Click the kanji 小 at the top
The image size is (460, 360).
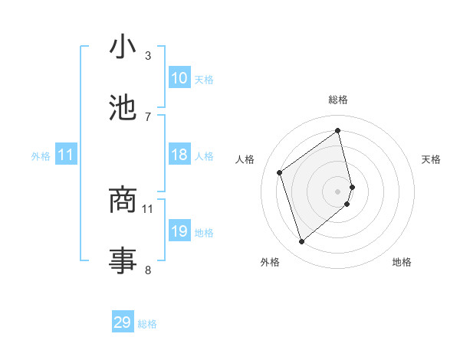tap(122, 47)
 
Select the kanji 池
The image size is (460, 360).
tap(122, 108)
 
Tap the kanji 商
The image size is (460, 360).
tap(122, 200)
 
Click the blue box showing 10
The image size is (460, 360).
tap(179, 78)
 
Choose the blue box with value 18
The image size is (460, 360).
tap(179, 155)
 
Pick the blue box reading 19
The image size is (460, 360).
tap(179, 231)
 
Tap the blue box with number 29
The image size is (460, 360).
tap(123, 322)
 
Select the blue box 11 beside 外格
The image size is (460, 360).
tap(66, 155)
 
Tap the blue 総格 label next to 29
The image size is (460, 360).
tap(147, 324)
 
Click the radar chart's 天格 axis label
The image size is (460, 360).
tap(431, 159)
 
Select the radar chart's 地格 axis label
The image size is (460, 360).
tap(402, 262)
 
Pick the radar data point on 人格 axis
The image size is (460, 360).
tap(280, 172)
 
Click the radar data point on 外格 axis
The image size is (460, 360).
tap(301, 242)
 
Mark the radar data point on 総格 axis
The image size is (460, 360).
tap(338, 131)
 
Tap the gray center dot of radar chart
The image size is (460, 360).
tap(338, 190)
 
